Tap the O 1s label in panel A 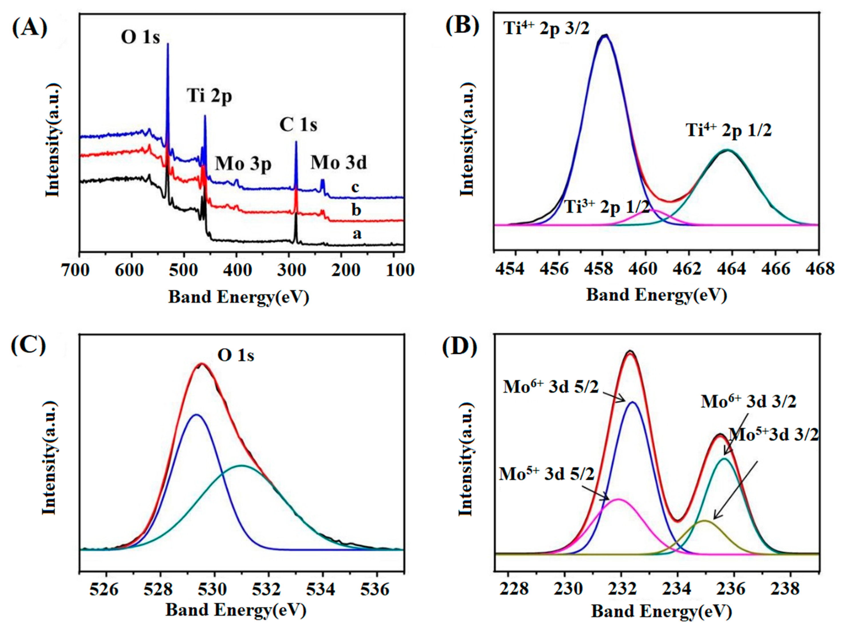pyautogui.click(x=140, y=37)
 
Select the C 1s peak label pyautogui.click(x=298, y=125)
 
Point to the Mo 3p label pyautogui.click(x=243, y=164)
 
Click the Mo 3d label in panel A pyautogui.click(x=338, y=162)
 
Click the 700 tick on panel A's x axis pyautogui.click(x=80, y=270)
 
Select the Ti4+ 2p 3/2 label pyautogui.click(x=546, y=29)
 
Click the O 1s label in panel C pyautogui.click(x=236, y=355)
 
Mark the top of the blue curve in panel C pyautogui.click(x=197, y=415)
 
